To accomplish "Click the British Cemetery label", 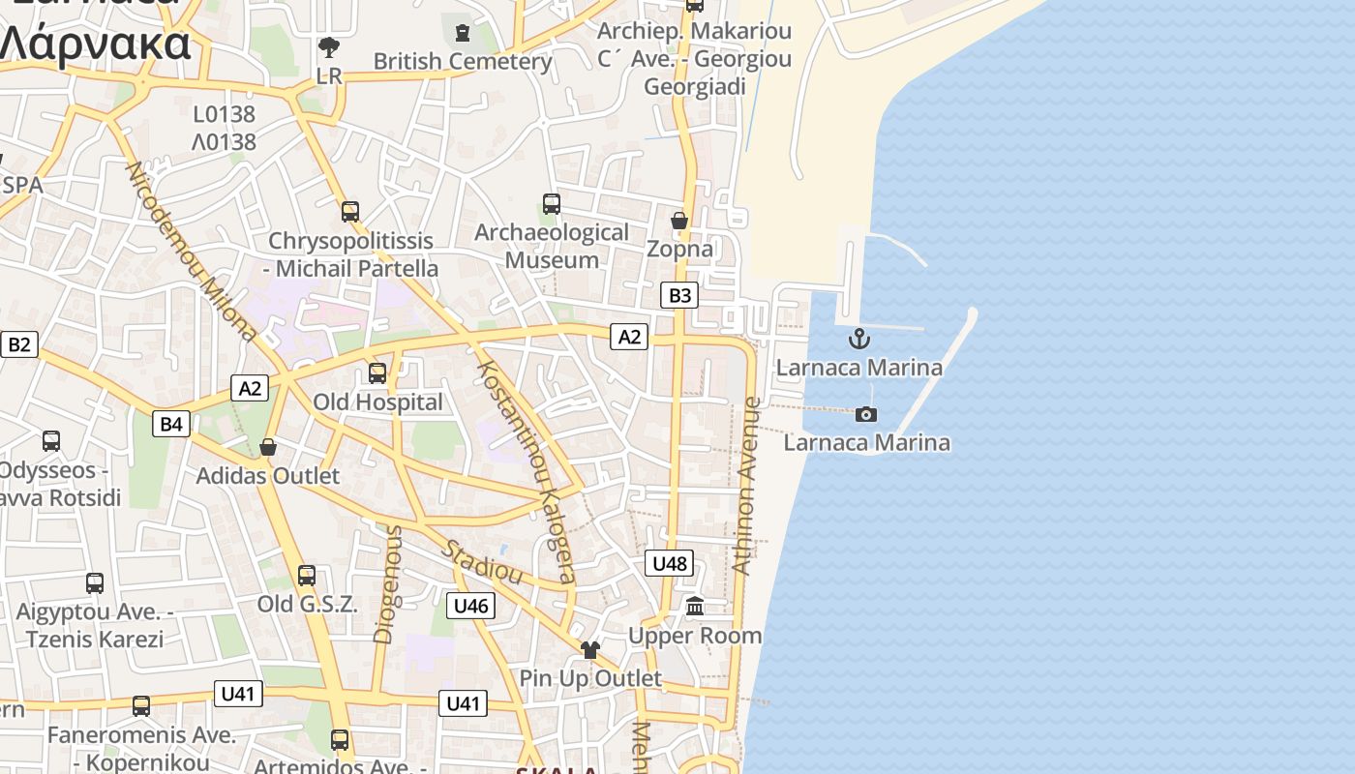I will [x=463, y=61].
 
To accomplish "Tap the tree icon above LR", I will [x=329, y=46].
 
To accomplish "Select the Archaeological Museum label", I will [x=552, y=246].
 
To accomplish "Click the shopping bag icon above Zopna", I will [x=679, y=221].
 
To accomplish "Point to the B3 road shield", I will [x=679, y=295].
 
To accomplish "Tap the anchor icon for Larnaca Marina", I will [x=858, y=339].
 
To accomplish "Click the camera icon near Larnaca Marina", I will [x=866, y=414].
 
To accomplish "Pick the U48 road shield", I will [x=670, y=563].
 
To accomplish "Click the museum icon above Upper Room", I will [x=695, y=607].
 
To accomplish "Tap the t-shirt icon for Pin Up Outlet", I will [x=590, y=649].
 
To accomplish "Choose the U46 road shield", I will [x=471, y=606].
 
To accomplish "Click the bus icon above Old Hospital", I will [x=377, y=372].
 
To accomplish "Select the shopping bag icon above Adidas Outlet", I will [x=268, y=447].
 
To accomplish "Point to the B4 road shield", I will [x=171, y=423].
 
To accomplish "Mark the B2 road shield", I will [x=19, y=344].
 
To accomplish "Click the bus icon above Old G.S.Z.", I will [x=307, y=576].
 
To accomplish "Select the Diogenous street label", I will [x=387, y=584].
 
